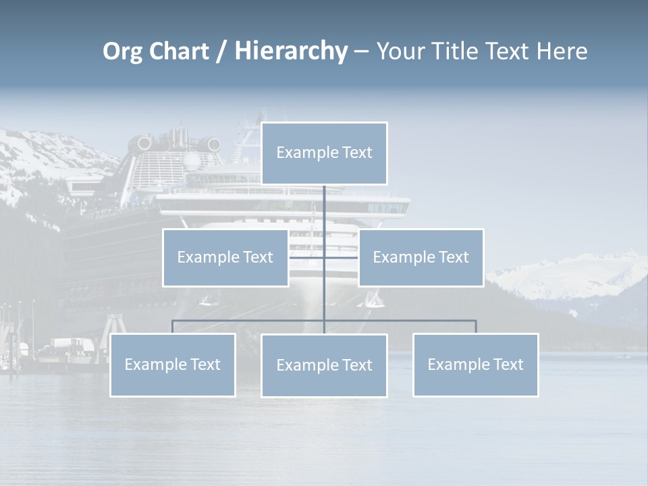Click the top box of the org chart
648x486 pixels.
[324, 153]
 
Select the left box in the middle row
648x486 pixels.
[225, 257]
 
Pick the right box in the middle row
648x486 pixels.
[421, 257]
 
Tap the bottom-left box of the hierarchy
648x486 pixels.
[172, 364]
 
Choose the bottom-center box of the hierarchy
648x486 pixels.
[324, 365]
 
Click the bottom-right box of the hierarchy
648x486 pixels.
[475, 364]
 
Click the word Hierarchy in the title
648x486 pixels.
[291, 51]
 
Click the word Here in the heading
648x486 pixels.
[562, 51]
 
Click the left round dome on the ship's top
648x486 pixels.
[144, 143]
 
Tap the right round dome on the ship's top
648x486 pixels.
[214, 144]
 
